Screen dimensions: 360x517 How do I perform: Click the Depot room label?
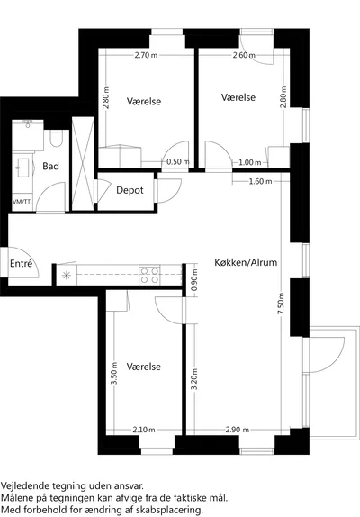[x=130, y=190]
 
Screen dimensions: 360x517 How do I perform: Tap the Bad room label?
[x=50, y=166]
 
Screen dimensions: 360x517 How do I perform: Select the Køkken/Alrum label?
[x=246, y=262]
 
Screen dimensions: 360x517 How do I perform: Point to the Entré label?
[x=22, y=263]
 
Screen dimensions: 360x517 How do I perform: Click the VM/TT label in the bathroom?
[x=22, y=201]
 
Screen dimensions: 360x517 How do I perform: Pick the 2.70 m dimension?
[x=146, y=55]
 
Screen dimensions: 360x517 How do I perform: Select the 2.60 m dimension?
[x=244, y=55]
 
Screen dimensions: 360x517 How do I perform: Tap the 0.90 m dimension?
[x=194, y=280]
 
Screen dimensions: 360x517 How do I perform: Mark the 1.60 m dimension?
[x=260, y=181]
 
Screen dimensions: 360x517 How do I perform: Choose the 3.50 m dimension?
[x=114, y=373]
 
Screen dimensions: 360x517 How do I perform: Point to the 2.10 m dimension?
[x=144, y=430]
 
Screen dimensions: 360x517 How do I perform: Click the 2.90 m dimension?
[x=237, y=430]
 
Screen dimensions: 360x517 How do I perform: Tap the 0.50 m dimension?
[x=178, y=162]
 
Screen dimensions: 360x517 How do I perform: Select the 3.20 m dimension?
[x=194, y=379]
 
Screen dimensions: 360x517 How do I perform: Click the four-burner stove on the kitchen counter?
[x=149, y=276]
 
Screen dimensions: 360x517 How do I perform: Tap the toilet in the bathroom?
[x=57, y=139]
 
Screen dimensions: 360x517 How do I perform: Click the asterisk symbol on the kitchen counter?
[x=67, y=275]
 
